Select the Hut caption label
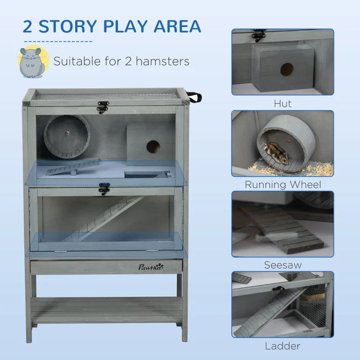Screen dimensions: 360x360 [x=283, y=103]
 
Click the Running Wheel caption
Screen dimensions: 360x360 [x=283, y=184]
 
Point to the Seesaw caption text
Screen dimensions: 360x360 [x=283, y=265]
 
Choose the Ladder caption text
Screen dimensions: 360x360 [x=283, y=346]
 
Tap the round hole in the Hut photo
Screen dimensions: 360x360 [x=287, y=69]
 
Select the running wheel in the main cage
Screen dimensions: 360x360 [x=67, y=137]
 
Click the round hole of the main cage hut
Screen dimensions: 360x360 [x=153, y=146]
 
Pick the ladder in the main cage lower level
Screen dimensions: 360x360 [x=103, y=218]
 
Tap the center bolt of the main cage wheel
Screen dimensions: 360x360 [x=67, y=133]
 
